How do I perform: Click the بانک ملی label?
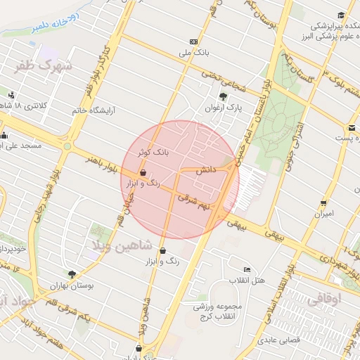click(195, 53)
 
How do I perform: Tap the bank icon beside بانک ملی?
click(194, 41)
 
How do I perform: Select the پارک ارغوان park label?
click(228, 109)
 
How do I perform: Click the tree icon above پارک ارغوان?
click(223, 97)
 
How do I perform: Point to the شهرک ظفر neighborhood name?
click(43, 66)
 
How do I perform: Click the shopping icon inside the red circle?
click(143, 172)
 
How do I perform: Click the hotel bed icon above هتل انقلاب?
click(246, 269)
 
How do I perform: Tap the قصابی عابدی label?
click(281, 340)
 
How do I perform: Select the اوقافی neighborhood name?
click(323, 298)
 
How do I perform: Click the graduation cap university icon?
click(341, 15)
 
